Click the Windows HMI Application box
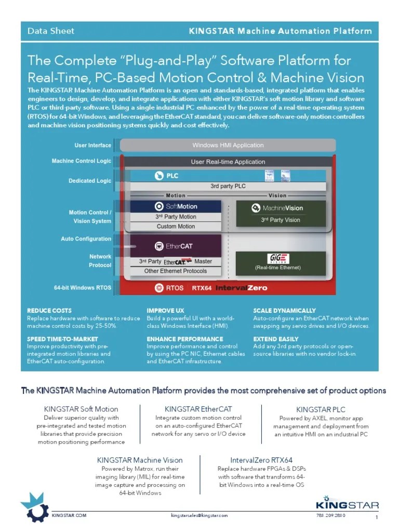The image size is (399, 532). click(228, 145)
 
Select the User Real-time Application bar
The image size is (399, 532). click(228, 162)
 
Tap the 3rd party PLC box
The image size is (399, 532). click(228, 186)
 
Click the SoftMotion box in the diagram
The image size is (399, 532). click(175, 206)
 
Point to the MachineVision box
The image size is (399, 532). click(281, 208)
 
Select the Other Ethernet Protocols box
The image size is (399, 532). click(175, 271)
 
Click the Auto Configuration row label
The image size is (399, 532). click(86, 239)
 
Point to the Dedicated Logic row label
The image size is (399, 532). click(89, 181)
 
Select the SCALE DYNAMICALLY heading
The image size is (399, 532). click(284, 310)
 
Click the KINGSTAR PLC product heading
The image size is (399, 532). click(321, 409)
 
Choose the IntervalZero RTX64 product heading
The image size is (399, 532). click(261, 460)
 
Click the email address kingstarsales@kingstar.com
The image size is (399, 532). click(199, 515)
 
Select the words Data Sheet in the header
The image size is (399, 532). click(51, 31)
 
